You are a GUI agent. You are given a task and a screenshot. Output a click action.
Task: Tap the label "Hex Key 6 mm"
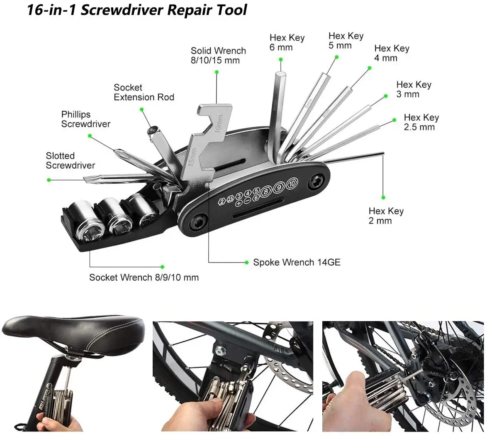[x=287, y=42]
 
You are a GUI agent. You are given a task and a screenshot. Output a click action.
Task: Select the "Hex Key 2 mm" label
[x=386, y=216]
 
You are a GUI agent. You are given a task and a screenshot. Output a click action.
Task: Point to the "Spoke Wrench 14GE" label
[x=297, y=262]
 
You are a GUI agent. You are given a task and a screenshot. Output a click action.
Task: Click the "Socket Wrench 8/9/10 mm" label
[x=144, y=277]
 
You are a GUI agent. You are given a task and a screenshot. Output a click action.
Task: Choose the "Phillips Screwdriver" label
[x=86, y=119]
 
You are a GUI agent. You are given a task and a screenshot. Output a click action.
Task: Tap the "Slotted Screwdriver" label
[x=70, y=160]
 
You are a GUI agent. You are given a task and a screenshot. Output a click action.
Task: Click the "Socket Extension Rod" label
[x=144, y=92]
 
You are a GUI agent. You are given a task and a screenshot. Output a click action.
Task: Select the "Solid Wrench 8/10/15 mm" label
[x=218, y=55]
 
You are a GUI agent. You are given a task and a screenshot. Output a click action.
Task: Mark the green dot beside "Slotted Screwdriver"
[x=49, y=180]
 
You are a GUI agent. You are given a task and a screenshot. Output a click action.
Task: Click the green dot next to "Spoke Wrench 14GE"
[x=245, y=262]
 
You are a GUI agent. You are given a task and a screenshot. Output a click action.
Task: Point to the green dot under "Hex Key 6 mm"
[x=281, y=60]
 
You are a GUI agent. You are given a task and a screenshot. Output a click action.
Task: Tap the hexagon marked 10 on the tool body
[x=292, y=182]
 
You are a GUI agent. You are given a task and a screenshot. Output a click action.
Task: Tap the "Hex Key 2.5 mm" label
[x=421, y=122]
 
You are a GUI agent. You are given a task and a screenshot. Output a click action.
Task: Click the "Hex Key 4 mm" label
[x=392, y=53]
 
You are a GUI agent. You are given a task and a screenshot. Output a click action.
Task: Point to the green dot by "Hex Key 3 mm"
[x=385, y=96]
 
